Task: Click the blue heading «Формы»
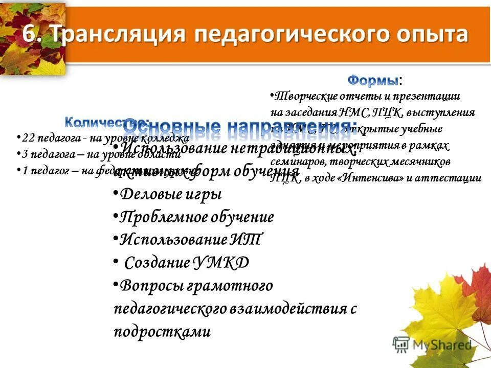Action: [x=373, y=80]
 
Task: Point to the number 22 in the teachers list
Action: [x=29, y=138]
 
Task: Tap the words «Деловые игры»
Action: [x=171, y=195]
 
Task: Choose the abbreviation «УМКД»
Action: [x=221, y=263]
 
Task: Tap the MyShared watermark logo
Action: [x=432, y=345]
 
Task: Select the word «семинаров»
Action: [x=294, y=162]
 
